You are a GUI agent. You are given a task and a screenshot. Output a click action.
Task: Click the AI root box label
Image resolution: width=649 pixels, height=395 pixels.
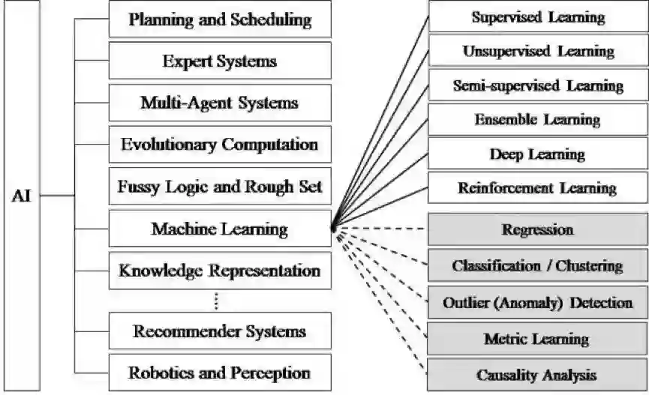pos(21,198)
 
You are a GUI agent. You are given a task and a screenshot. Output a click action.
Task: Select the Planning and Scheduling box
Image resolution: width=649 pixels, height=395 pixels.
pos(220,19)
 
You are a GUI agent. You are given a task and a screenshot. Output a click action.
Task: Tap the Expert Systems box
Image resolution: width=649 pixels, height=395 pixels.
pos(220,61)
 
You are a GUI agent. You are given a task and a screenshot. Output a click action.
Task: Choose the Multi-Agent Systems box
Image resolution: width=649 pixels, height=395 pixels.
pos(220,103)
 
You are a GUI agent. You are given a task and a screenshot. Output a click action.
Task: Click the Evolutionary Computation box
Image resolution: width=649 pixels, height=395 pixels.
pos(220,145)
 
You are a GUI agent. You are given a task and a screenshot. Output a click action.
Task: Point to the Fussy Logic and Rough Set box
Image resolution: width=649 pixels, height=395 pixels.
pos(220,187)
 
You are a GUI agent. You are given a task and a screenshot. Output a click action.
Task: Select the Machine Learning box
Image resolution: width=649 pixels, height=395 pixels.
pos(220,229)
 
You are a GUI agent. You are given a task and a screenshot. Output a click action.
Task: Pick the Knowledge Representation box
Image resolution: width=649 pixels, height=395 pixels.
pos(220,271)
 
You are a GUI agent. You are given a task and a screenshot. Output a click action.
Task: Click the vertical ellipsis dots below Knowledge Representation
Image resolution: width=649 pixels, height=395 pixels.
pos(216,301)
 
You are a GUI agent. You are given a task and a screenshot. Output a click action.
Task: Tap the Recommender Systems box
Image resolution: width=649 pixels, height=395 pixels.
pos(220,331)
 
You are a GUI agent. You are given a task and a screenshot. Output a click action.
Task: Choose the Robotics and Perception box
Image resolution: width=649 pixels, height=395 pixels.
pos(220,373)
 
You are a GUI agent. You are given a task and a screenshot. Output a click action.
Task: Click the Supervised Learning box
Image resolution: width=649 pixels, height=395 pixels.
pos(538,16)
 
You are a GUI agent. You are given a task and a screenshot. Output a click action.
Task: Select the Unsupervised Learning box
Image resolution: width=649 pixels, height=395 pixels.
pos(538,51)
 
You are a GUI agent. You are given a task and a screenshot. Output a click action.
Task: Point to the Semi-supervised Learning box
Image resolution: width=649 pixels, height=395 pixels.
pos(538,85)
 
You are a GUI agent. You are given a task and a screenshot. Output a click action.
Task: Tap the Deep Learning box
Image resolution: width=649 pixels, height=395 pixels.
pos(538,154)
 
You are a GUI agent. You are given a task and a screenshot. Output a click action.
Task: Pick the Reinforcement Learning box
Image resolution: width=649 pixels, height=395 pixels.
pos(538,188)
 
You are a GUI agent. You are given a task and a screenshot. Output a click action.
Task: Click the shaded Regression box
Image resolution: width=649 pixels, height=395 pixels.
pos(538,229)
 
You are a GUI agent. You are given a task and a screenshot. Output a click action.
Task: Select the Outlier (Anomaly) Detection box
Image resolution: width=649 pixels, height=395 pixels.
pos(538,303)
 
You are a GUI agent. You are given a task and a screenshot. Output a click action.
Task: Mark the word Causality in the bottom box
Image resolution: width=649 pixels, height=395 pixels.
pos(507,374)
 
